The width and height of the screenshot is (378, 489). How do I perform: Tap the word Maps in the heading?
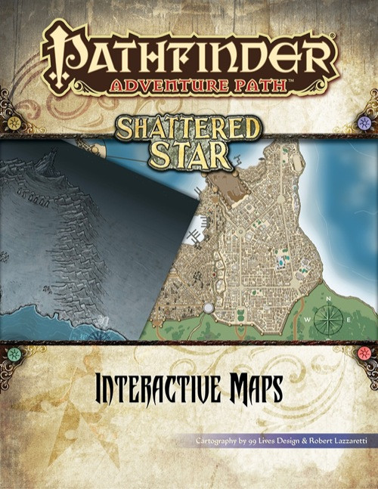(249, 392)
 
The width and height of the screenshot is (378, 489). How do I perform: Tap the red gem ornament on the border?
(364, 353)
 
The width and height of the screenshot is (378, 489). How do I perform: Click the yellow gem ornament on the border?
(14, 353)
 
